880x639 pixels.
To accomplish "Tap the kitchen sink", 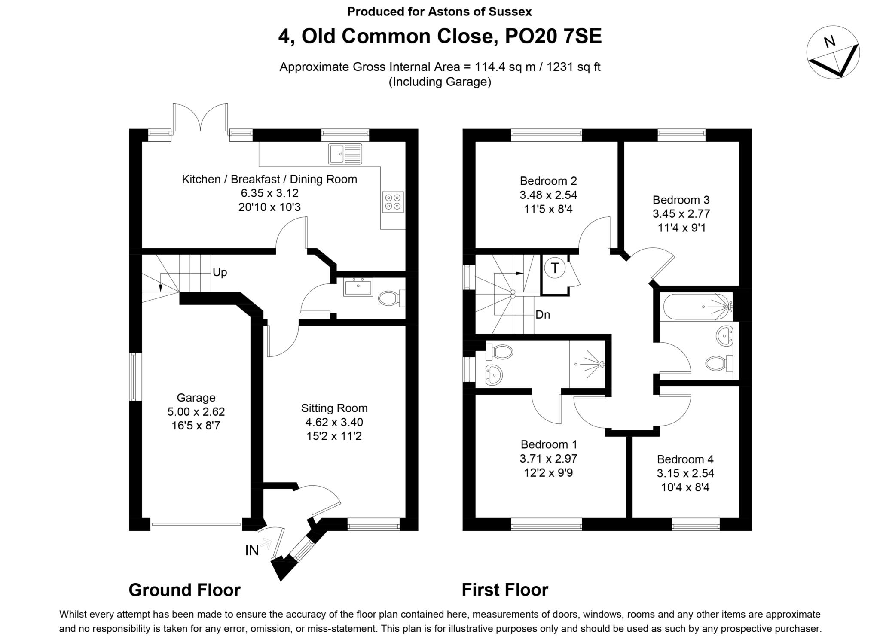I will coord(345,154).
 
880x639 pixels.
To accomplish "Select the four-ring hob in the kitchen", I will coord(393,202).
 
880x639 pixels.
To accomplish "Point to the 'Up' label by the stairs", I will coord(220,272).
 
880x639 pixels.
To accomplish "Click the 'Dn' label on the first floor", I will coord(543,315).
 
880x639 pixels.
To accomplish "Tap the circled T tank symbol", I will coord(555,268).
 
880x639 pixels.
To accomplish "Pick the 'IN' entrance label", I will coord(252,550).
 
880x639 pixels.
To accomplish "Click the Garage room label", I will coord(196,398).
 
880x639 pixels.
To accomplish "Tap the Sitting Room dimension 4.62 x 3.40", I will coord(334,422).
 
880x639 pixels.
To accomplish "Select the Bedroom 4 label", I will coord(685,459).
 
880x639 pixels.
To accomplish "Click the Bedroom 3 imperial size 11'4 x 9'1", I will coord(681,228).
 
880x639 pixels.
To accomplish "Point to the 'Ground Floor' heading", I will coord(184,590).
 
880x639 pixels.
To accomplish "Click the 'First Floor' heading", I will coord(505,590).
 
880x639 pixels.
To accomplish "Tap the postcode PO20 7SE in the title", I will coord(553,36).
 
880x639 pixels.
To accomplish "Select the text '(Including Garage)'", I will coord(440,82).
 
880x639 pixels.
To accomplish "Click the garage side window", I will coord(136,377).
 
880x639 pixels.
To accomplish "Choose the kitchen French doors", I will coord(201,118).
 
